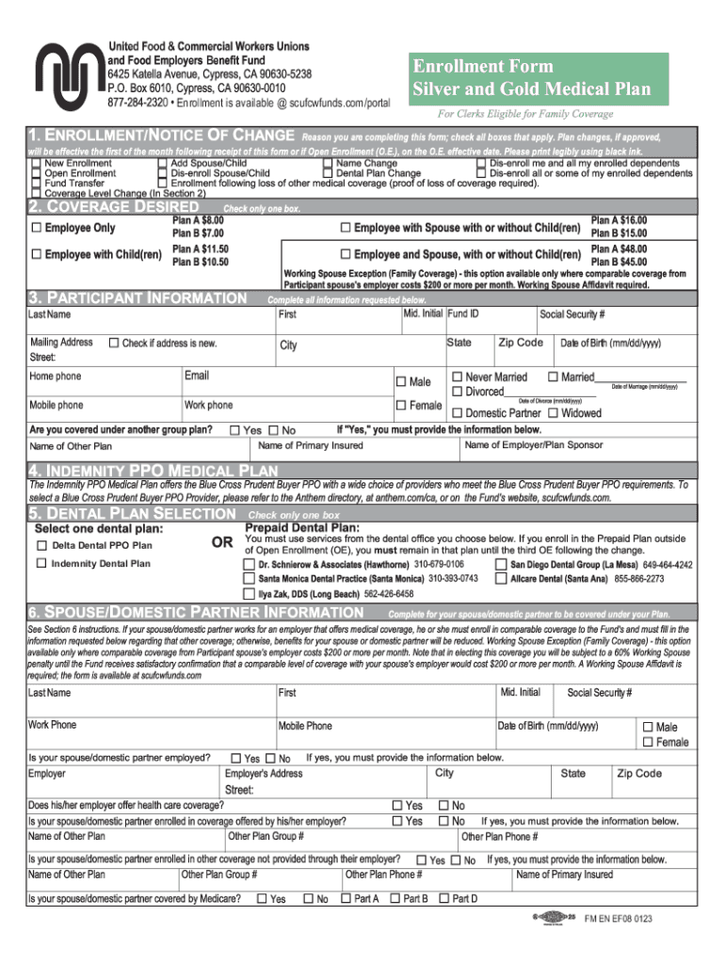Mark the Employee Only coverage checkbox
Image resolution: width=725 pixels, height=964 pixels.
[x=36, y=228]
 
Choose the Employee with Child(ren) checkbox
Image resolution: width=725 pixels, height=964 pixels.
[x=36, y=254]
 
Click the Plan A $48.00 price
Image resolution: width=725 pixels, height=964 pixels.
[x=619, y=249]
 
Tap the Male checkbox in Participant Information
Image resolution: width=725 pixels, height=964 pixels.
[x=400, y=381]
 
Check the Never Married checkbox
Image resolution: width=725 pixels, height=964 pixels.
[x=457, y=377]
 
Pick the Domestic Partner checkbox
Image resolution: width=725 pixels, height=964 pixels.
[x=457, y=412]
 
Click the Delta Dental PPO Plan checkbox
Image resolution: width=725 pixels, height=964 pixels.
[x=41, y=545]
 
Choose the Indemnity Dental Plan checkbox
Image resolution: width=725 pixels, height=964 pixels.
[x=41, y=563]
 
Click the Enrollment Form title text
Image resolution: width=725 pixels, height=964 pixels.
[x=481, y=67]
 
